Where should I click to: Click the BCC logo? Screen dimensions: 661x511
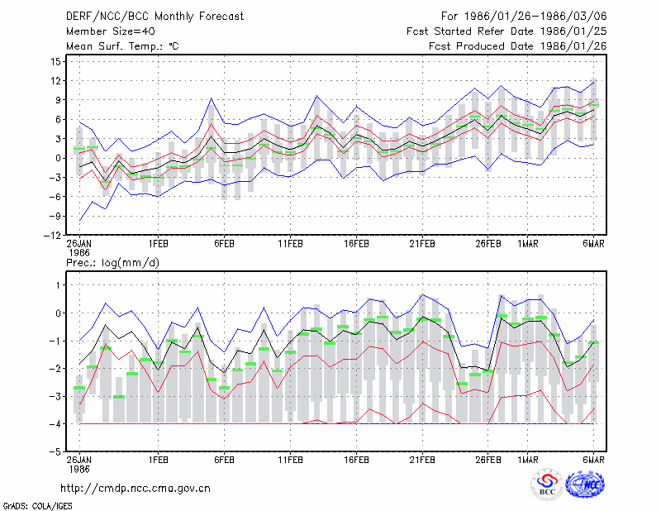click(547, 486)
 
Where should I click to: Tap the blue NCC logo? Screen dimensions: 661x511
click(585, 485)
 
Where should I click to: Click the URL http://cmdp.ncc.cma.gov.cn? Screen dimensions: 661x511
click(136, 489)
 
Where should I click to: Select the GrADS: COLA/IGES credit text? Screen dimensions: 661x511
click(37, 506)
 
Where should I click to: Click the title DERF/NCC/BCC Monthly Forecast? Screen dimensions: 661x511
click(155, 17)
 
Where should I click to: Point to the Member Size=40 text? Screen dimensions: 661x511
click(111, 31)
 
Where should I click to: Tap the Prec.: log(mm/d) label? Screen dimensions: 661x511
click(112, 263)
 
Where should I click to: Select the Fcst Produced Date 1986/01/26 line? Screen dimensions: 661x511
click(518, 46)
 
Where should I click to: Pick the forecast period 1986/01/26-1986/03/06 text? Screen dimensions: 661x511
click(524, 17)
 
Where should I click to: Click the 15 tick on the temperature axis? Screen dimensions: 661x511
click(55, 62)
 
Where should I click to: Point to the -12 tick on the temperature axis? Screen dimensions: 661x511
click(52, 236)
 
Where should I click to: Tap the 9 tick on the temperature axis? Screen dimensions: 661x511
click(58, 100)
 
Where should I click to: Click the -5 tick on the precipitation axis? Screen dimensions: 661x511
click(55, 452)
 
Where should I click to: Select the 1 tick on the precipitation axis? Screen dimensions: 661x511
click(59, 285)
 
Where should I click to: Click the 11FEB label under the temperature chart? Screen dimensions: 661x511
click(290, 244)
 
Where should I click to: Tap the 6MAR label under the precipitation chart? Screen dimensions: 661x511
click(593, 460)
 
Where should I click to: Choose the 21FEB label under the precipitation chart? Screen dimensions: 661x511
click(422, 460)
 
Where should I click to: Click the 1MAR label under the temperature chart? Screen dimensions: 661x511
click(528, 244)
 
